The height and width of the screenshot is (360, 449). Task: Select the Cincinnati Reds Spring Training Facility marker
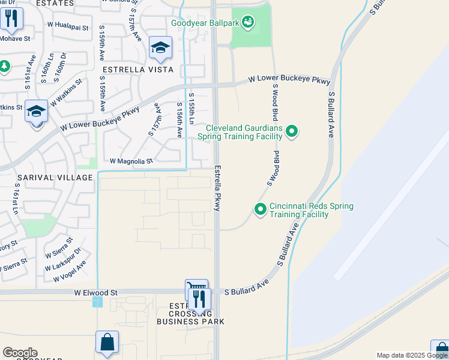(261, 209)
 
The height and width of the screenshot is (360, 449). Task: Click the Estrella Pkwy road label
(217, 187)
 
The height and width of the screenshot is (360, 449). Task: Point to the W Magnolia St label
(131, 161)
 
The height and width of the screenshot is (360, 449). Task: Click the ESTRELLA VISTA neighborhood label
(137, 70)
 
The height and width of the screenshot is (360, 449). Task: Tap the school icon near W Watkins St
(37, 112)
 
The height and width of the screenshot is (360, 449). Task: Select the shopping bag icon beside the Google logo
(107, 343)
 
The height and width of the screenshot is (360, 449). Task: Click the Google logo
(20, 353)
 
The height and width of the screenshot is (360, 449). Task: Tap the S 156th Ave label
(179, 120)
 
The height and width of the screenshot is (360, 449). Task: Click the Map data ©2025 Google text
(412, 355)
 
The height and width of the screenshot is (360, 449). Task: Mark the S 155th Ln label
(191, 109)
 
